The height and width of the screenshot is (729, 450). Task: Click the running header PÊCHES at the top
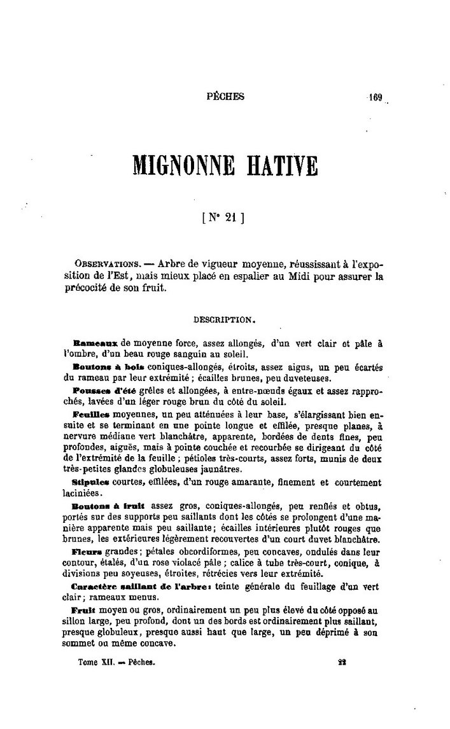click(225, 97)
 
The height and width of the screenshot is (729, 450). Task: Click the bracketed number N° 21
click(224, 217)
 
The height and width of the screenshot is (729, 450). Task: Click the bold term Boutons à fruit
click(106, 506)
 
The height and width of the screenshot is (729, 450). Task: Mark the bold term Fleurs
click(90, 552)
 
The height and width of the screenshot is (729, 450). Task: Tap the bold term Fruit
click(87, 609)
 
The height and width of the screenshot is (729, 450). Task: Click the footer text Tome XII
click(95, 662)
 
